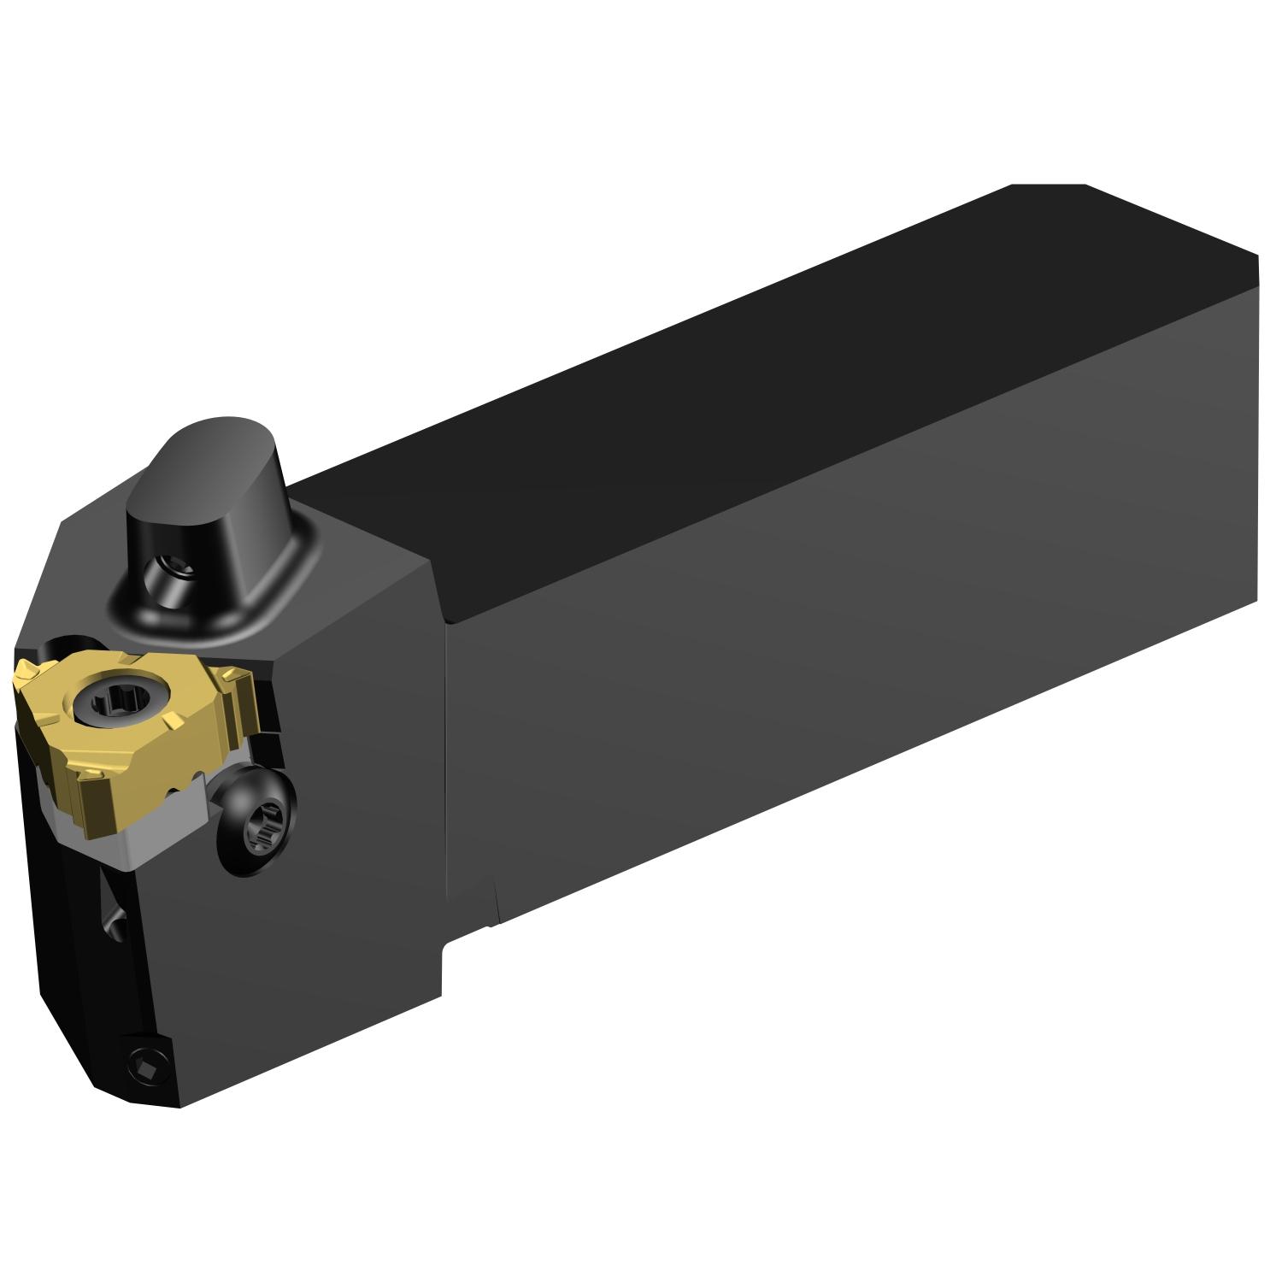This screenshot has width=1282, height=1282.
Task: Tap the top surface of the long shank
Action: [769, 385]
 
